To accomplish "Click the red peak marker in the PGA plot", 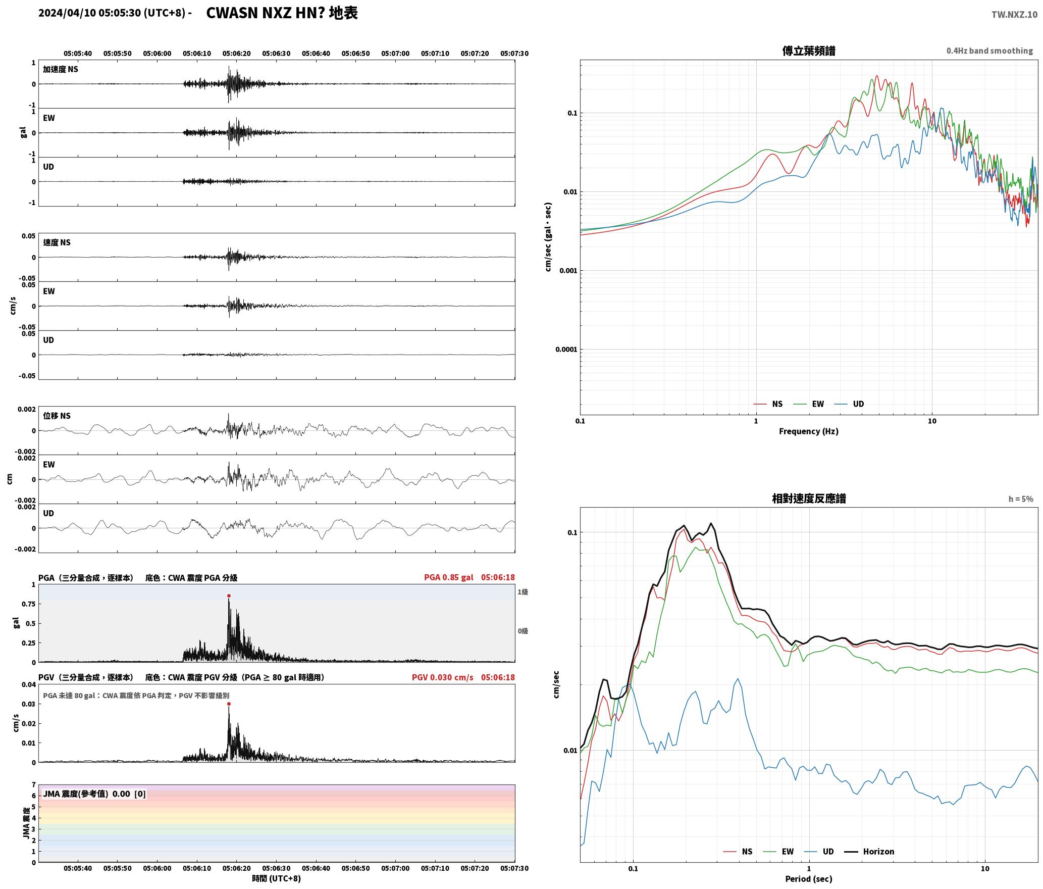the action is [229, 596].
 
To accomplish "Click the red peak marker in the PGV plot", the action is [229, 704].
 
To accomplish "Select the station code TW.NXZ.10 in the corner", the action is [1014, 14].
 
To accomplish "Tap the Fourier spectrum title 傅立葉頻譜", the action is [809, 51].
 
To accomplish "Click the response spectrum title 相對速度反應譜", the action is [809, 499].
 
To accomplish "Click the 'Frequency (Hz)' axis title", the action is [809, 431].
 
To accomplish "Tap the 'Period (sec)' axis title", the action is [809, 879].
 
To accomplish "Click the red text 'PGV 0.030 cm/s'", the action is [443, 677].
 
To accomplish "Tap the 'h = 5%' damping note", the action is [1021, 499].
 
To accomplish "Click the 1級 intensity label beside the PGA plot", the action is [523, 592].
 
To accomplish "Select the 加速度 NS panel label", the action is [61, 69].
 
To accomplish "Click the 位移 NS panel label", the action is [57, 416].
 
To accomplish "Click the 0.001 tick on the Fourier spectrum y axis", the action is [568, 271].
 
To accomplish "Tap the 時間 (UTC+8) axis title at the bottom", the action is [277, 878].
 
